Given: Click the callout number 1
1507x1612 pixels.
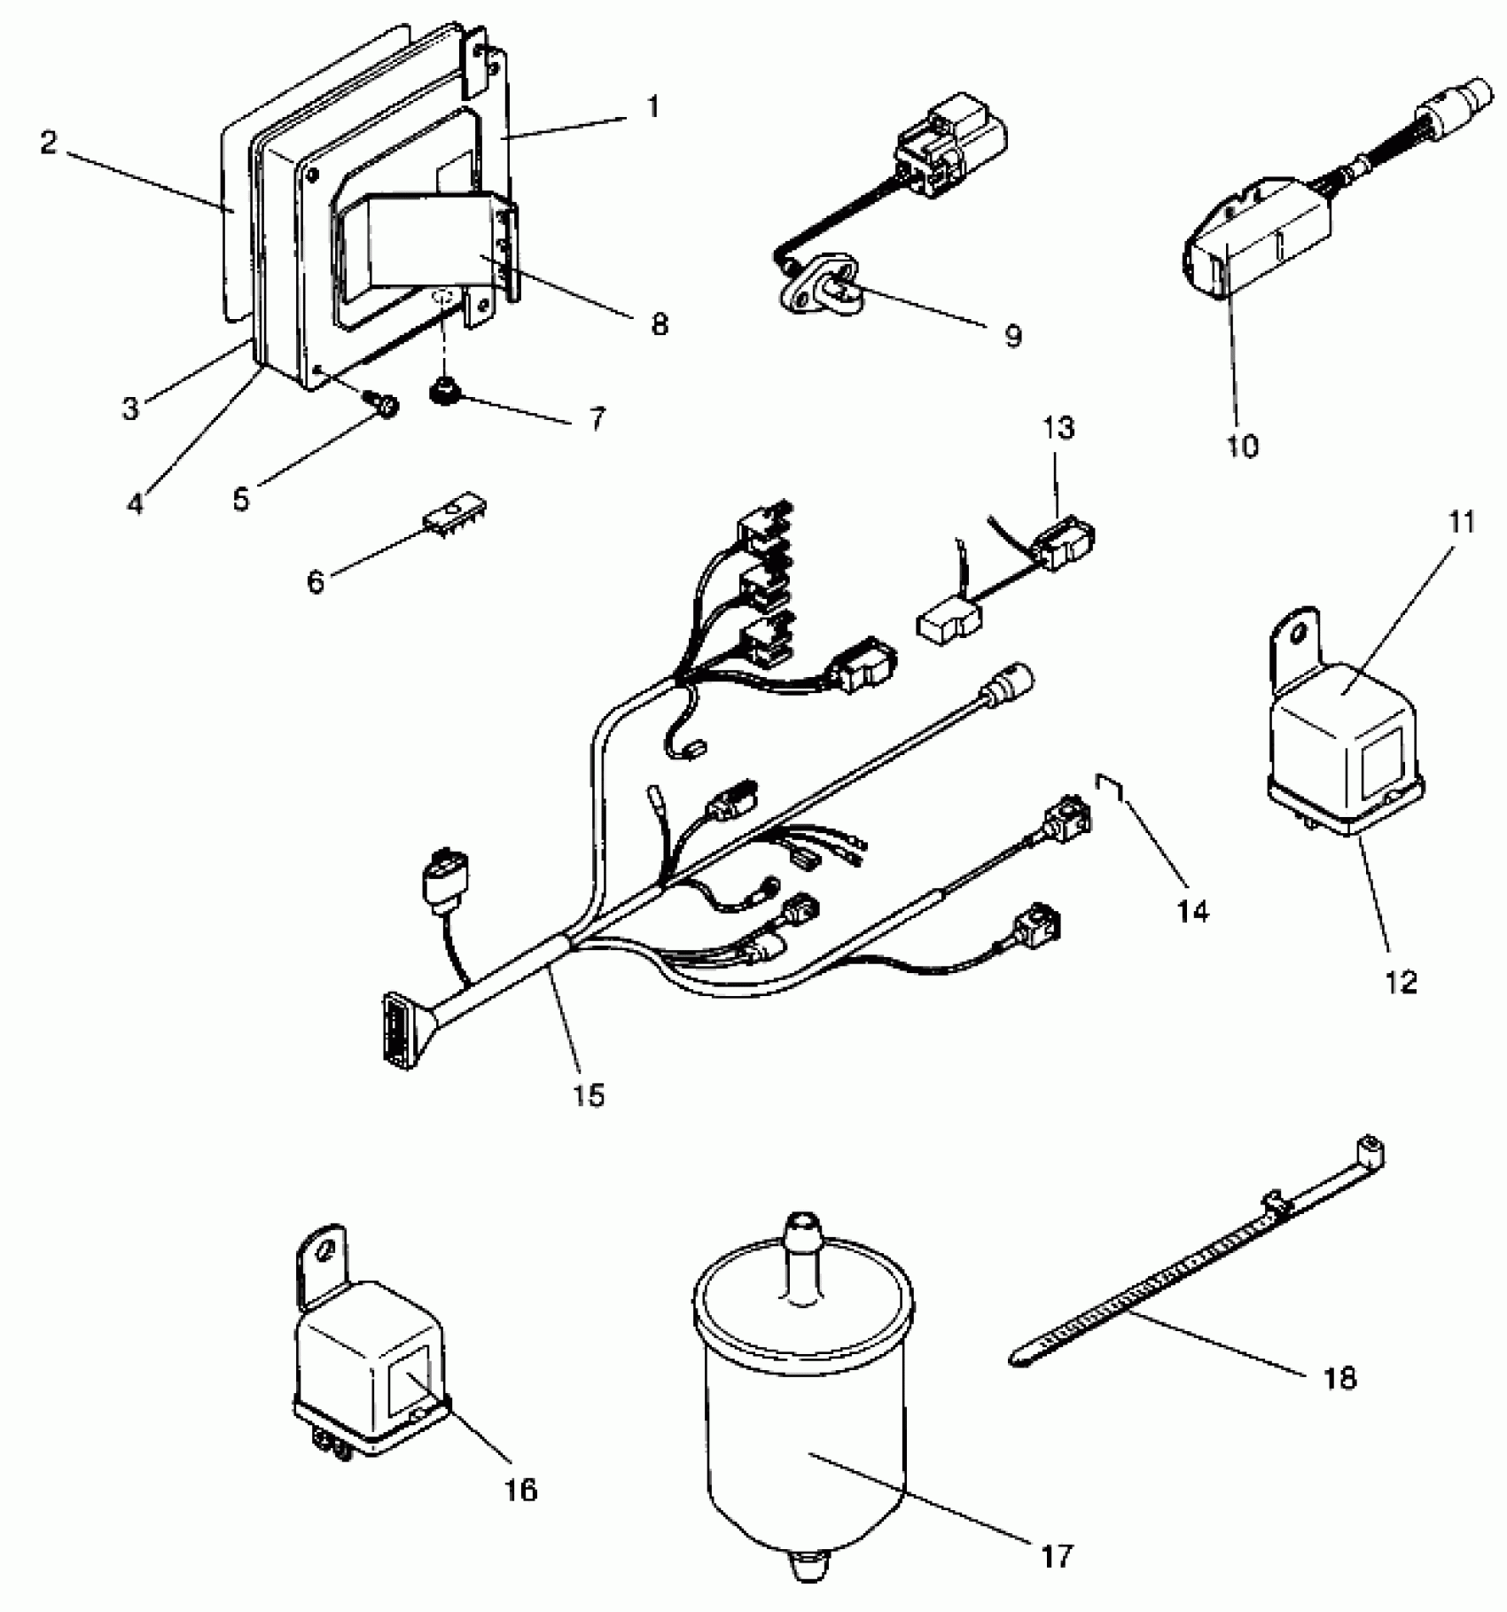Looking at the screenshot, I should tap(653, 108).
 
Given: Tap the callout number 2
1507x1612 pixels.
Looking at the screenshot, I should tap(49, 143).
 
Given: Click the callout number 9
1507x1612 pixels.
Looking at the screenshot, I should tap(1013, 336).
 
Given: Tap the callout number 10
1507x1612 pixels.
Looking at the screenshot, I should tap(1243, 446).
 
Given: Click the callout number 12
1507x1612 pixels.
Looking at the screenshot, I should tap(1402, 981).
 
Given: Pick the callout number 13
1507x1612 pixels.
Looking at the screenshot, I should tap(1058, 428).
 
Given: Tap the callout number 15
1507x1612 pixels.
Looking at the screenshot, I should tap(588, 1095).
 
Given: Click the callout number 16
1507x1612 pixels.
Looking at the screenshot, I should tap(522, 1490).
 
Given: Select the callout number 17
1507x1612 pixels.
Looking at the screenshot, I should tap(1055, 1554).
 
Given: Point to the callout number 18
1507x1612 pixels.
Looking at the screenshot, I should tap(1339, 1377).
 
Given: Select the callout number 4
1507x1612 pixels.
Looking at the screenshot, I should tap(135, 502).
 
